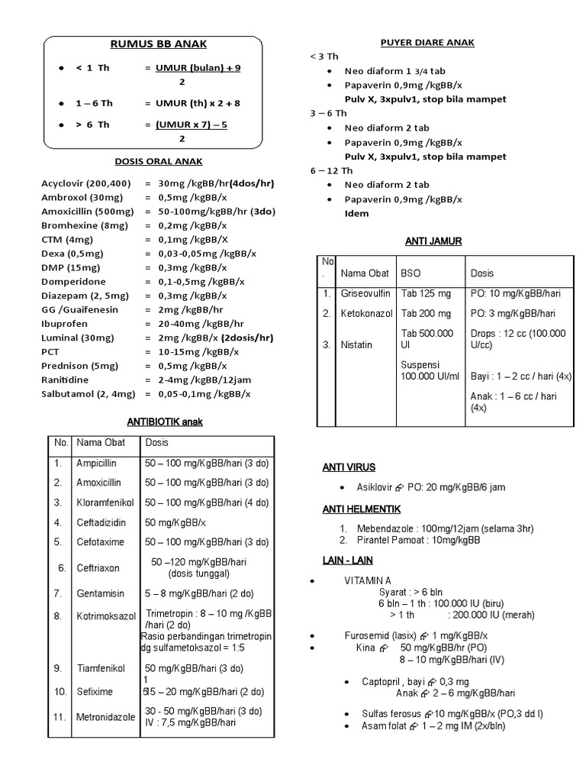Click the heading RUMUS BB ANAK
pos(159,44)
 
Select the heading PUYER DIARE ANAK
pos(427,42)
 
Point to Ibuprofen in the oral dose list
pos(65,323)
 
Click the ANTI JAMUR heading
pos(433,241)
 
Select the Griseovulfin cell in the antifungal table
pos(365,293)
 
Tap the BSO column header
pos(411,273)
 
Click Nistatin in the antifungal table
pos(357,344)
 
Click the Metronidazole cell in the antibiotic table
pos(106,717)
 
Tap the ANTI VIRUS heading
pos(349,467)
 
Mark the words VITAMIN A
pos(369,581)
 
